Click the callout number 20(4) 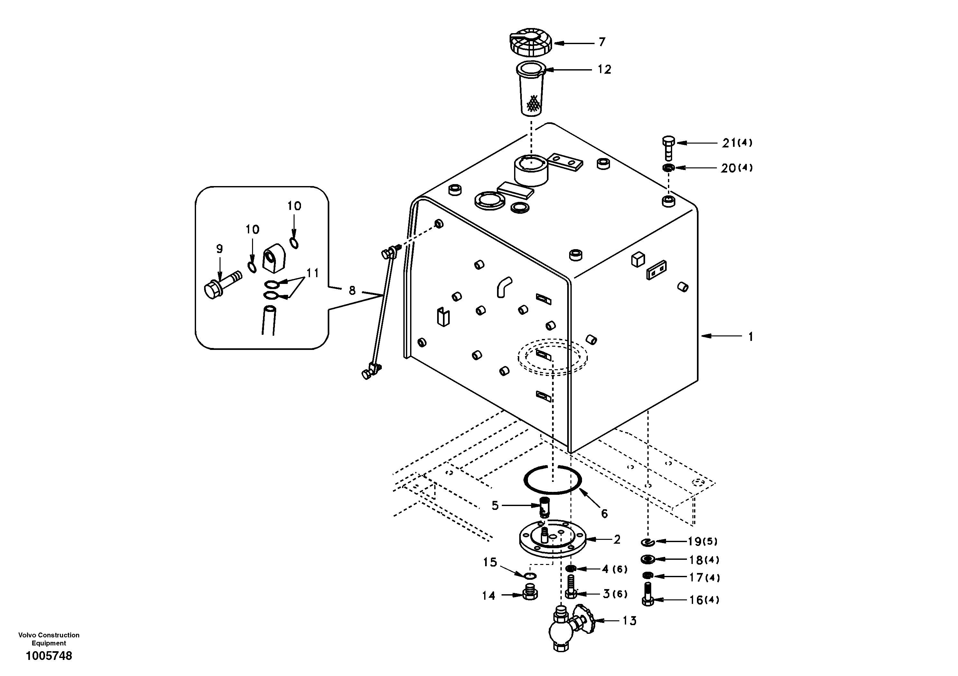coord(737,168)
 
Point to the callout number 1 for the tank coord(750,336)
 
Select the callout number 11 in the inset coord(313,273)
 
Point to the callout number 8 coord(352,290)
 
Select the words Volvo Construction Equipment coord(49,639)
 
